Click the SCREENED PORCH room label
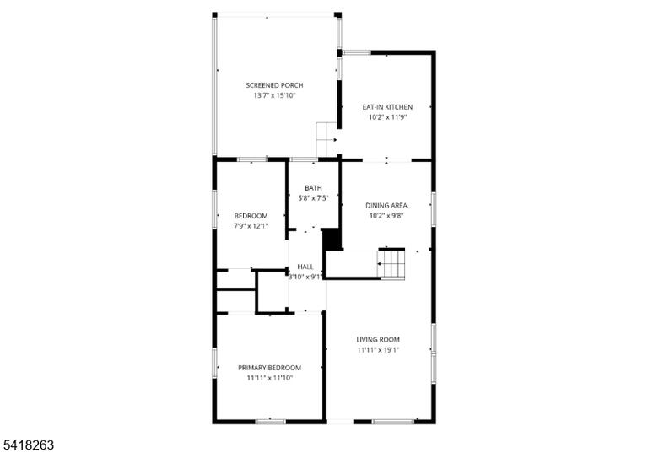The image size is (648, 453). [x=274, y=85]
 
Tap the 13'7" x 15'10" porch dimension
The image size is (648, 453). [x=274, y=95]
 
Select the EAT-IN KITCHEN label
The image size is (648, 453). [x=387, y=107]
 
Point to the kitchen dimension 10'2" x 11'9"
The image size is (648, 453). [x=387, y=117]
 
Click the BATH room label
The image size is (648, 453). [x=313, y=188]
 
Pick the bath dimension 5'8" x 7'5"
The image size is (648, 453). [x=313, y=198]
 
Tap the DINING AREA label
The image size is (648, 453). [x=386, y=206]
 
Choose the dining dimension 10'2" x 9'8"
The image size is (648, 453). [x=386, y=215]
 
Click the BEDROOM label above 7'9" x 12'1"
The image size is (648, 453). [x=251, y=216]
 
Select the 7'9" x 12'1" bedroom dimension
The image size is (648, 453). [x=251, y=226]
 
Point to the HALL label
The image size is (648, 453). [x=305, y=267]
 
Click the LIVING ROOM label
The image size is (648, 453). [x=378, y=340]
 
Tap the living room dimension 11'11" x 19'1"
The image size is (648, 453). [x=378, y=350]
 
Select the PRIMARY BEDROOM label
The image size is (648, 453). [x=269, y=368]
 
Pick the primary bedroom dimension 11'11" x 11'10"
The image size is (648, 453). [x=269, y=378]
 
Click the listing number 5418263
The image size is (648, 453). [x=28, y=445]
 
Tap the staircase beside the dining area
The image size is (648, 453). [x=391, y=264]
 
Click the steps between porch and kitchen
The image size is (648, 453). [x=327, y=139]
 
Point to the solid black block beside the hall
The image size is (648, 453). [x=332, y=239]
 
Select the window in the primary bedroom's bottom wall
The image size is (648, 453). [x=270, y=422]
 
